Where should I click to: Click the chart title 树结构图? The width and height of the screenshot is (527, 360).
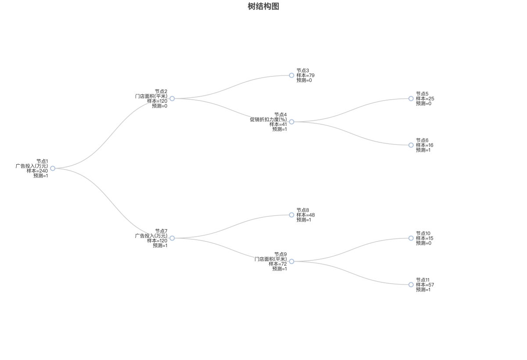pyautogui.click(x=263, y=6)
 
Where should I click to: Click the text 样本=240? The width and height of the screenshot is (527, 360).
pyautogui.click(x=37, y=171)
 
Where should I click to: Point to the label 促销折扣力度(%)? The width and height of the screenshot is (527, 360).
pyautogui.click(x=268, y=119)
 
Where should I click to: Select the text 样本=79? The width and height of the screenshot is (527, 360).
pyautogui.click(x=305, y=76)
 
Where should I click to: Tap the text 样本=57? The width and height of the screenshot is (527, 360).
pyautogui.click(x=425, y=285)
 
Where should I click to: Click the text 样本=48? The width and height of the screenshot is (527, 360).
pyautogui.click(x=305, y=215)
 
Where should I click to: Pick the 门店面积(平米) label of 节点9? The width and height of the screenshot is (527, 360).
pyautogui.click(x=271, y=259)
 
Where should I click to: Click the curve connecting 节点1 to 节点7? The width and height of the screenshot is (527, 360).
pyautogui.click(x=112, y=203)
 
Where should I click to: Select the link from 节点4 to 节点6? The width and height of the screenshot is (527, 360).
pyautogui.click(x=351, y=133)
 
